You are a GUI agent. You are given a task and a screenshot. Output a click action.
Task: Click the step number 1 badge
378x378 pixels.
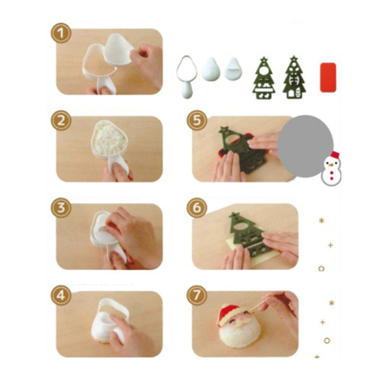click(x=61, y=33)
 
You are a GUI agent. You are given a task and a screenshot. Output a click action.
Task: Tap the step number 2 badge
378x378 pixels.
click(x=61, y=120)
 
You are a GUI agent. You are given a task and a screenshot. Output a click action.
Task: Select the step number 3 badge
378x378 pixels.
click(x=61, y=207)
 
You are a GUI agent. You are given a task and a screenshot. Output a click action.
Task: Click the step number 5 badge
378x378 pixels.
click(x=197, y=120)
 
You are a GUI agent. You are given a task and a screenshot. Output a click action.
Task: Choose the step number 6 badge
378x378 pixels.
click(x=197, y=207)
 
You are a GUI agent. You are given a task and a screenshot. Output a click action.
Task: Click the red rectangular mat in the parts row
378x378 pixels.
click(x=327, y=77)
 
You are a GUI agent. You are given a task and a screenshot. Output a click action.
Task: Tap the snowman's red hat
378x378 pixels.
click(x=335, y=155)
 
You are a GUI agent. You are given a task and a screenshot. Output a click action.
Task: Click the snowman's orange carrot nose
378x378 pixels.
click(x=331, y=165)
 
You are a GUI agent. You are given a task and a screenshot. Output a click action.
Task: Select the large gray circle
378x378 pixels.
click(x=305, y=146)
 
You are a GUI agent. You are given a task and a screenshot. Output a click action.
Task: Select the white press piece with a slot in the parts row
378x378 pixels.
click(x=233, y=69)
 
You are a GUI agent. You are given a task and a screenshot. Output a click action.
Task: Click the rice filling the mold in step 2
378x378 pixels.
click(x=109, y=136)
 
